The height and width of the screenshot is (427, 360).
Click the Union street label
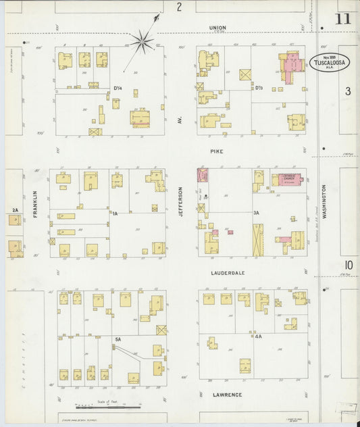click(x=217, y=28)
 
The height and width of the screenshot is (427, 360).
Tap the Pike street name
click(x=216, y=152)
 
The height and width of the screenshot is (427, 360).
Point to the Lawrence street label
click(x=227, y=394)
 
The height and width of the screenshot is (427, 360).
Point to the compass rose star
click(x=143, y=41)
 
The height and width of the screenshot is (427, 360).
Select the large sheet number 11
click(x=342, y=18)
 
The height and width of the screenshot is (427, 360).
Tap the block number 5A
click(x=118, y=338)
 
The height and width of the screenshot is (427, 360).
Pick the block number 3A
click(x=256, y=214)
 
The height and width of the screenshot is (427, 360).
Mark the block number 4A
click(x=258, y=336)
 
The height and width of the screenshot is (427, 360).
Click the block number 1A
click(x=115, y=214)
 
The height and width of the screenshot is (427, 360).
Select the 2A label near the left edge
click(x=15, y=210)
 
